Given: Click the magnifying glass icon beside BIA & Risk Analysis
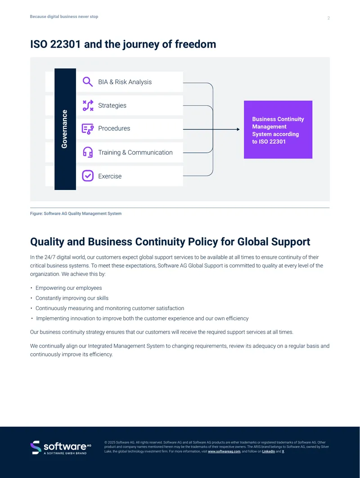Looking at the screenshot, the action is [87, 82].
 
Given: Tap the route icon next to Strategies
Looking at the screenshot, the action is [88, 105].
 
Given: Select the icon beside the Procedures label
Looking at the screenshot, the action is [88, 129].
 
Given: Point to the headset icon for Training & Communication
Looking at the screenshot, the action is [88, 152].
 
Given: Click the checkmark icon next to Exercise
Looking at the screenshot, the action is [88, 176].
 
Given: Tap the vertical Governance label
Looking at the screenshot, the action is [64, 129].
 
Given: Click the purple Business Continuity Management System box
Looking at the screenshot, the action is [278, 130].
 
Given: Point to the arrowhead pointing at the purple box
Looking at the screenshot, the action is [238, 129].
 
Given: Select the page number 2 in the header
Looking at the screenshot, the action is [328, 18].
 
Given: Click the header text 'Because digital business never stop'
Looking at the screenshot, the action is [64, 17].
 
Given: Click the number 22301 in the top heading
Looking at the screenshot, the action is [65, 44].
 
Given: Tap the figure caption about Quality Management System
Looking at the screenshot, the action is [76, 213].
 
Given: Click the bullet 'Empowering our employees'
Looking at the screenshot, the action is [68, 288].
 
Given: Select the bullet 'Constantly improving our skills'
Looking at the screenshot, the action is [72, 298].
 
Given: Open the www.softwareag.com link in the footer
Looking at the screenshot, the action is [224, 451].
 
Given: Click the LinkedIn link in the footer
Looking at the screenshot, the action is [268, 451].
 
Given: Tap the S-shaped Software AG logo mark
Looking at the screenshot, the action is [36, 447].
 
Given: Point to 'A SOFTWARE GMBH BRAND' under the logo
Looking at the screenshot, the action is [65, 453].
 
